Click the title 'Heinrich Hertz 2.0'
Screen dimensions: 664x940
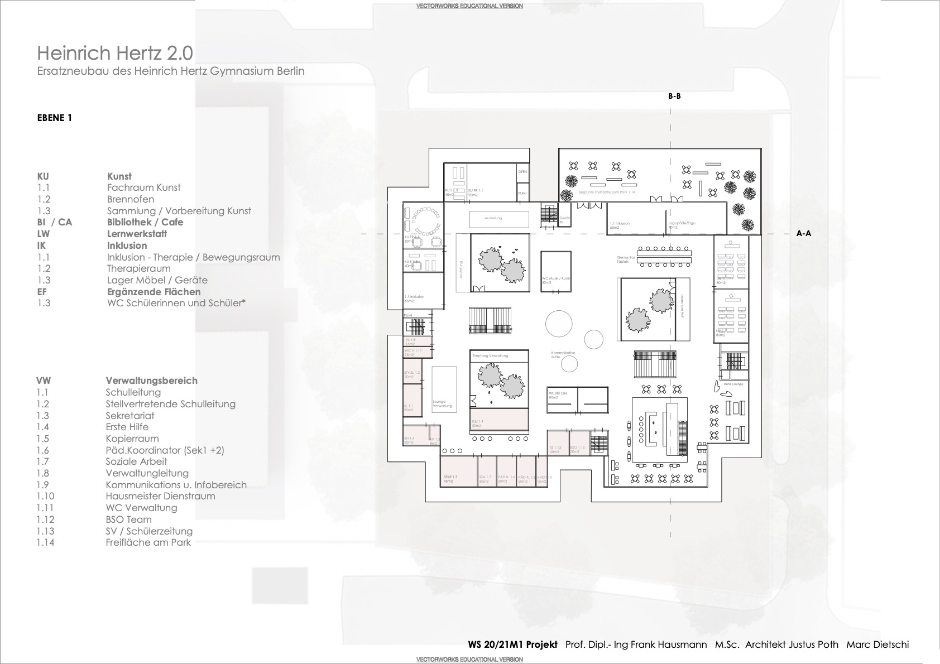click(115, 53)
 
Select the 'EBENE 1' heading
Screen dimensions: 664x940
click(55, 118)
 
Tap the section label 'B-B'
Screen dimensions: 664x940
click(674, 96)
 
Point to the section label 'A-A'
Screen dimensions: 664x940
click(803, 233)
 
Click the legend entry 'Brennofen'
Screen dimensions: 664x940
click(131, 199)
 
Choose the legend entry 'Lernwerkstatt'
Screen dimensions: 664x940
click(137, 234)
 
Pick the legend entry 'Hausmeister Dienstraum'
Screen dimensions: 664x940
click(160, 496)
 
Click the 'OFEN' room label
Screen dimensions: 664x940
click(522, 172)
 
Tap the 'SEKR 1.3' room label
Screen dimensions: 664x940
click(450, 477)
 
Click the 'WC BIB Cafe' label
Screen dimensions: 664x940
click(559, 393)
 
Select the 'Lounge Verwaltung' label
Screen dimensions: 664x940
click(442, 403)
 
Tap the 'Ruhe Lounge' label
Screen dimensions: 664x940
click(733, 384)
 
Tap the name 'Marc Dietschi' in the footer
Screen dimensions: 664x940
click(877, 644)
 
